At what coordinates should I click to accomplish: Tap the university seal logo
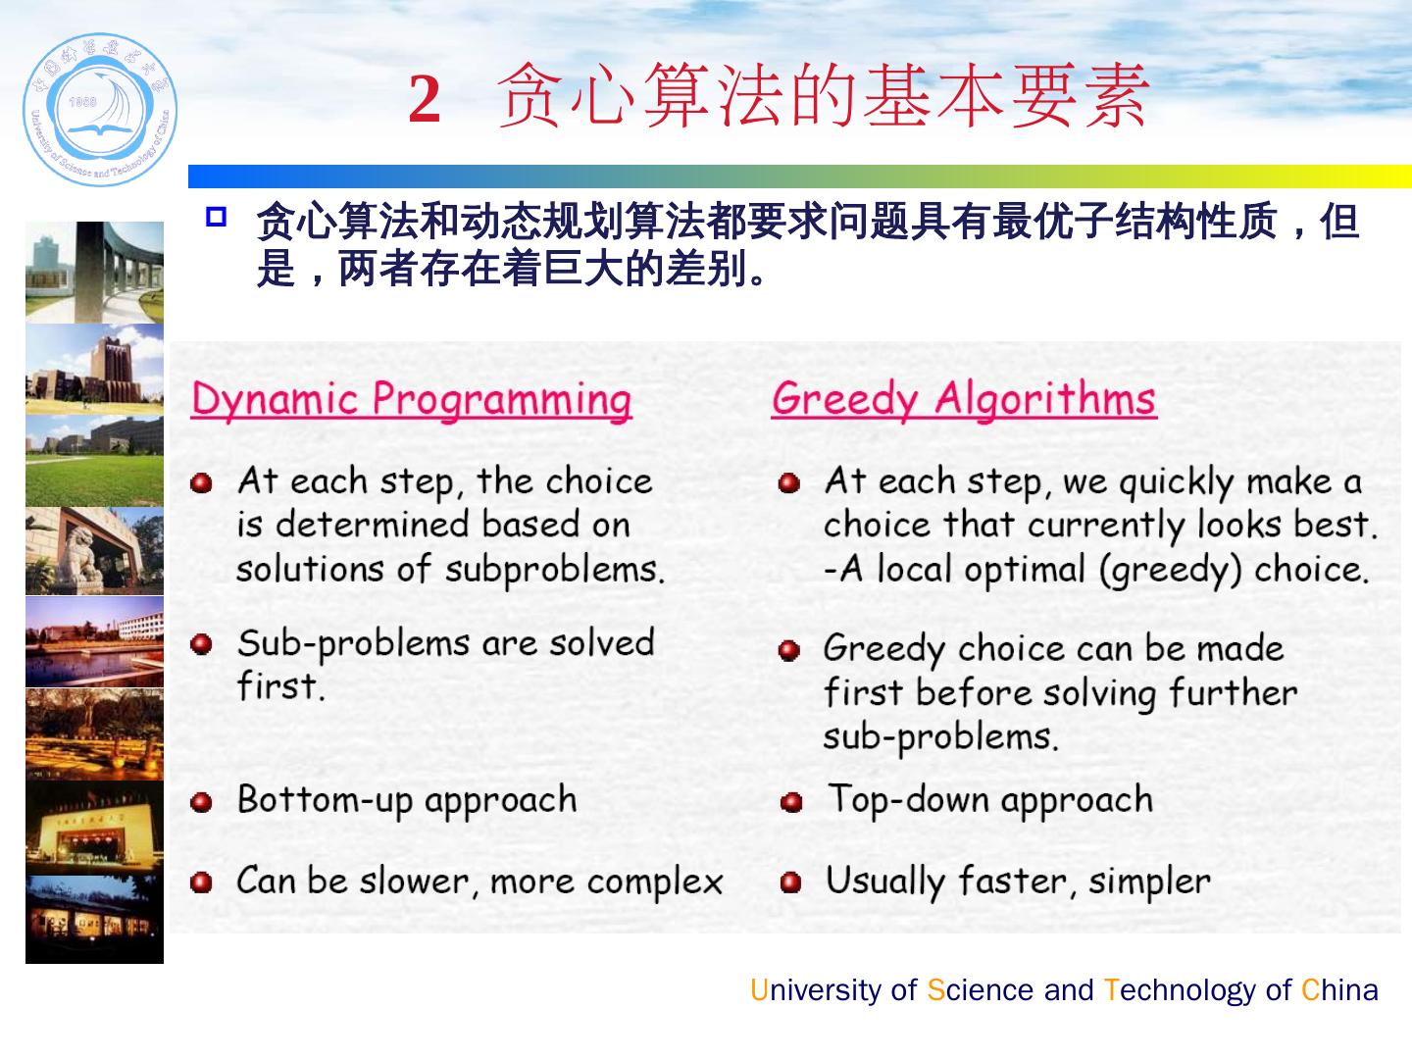(x=100, y=109)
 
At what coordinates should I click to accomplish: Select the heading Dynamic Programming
(x=412, y=400)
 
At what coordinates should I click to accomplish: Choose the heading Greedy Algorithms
(x=964, y=399)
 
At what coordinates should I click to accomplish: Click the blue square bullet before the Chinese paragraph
(x=216, y=217)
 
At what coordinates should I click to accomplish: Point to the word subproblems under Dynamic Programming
(x=555, y=571)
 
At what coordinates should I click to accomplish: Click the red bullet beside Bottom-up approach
(x=201, y=802)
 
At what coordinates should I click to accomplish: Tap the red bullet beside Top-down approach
(x=790, y=802)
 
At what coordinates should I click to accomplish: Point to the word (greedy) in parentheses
(x=1171, y=571)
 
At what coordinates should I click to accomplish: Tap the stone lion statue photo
(x=94, y=550)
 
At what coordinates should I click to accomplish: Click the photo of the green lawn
(x=94, y=461)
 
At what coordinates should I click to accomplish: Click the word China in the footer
(x=1339, y=990)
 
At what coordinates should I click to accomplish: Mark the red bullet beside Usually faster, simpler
(x=790, y=882)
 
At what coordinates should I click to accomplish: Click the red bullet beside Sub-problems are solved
(x=201, y=643)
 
